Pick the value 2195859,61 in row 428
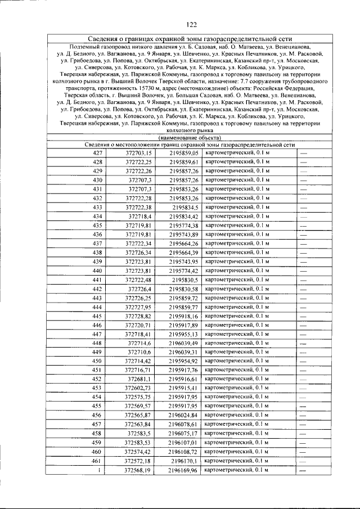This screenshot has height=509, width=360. tap(184, 161)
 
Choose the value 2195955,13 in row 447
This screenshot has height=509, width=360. tap(184, 334)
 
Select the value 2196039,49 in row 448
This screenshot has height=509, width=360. tap(184, 343)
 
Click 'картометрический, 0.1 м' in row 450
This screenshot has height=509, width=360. tap(237, 361)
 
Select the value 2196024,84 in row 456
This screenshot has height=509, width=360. tap(184, 416)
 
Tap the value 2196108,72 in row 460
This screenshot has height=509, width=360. tap(184, 452)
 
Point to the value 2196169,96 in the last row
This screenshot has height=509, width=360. tap(184, 470)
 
